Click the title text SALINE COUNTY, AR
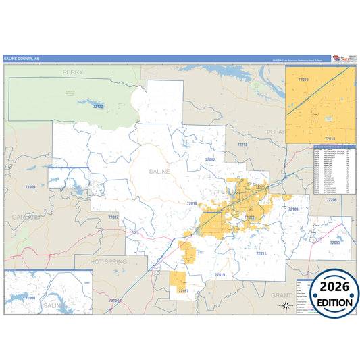pyautogui.click(x=22, y=59)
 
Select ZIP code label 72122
pyautogui.click(x=98, y=107)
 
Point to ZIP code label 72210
pyautogui.click(x=242, y=145)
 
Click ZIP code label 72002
pyautogui.click(x=209, y=159)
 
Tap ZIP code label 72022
pyautogui.click(x=248, y=217)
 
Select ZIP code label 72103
pyautogui.click(x=293, y=209)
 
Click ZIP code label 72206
pyautogui.click(x=331, y=201)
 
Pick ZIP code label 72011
pyautogui.click(x=262, y=253)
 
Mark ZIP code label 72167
pyautogui.click(x=183, y=290)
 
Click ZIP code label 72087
pyautogui.click(x=113, y=217)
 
